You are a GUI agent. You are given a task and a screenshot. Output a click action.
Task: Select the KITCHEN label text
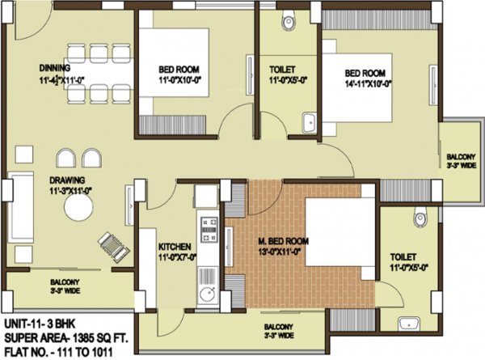175,246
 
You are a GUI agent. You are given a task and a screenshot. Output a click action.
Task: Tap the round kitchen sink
205,296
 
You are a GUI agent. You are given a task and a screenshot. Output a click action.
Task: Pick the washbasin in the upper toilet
308,123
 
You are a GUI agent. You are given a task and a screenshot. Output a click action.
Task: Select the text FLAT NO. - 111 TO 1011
58,353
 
